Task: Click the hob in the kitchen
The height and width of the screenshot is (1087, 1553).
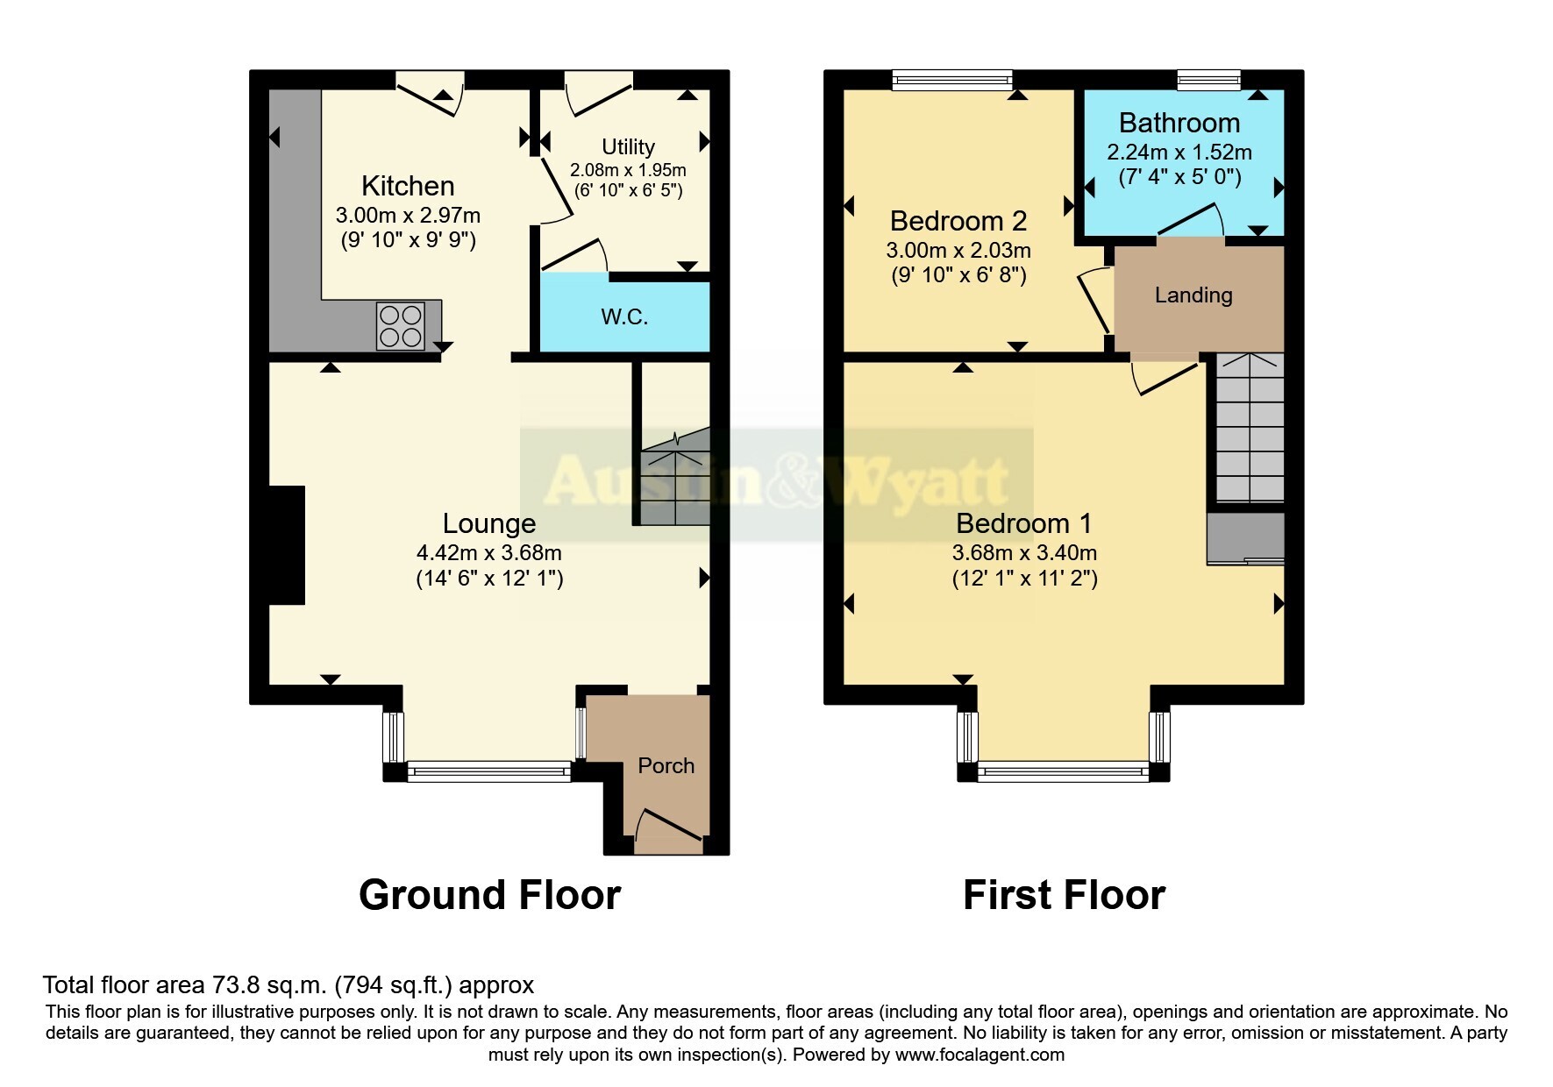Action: pos(400,325)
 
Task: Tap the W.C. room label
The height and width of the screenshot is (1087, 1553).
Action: pos(624,316)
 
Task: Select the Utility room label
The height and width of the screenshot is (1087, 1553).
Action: pos(628,146)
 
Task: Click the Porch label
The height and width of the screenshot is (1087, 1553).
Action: pos(666,765)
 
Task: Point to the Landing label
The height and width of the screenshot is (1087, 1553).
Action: pos(1193,295)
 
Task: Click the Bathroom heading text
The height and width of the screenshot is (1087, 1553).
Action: pos(1179,123)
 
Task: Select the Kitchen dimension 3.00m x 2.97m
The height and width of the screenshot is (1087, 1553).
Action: pos(408,215)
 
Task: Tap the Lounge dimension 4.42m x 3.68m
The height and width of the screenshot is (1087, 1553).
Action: pos(488,553)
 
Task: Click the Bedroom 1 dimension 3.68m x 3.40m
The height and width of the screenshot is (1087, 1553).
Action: pos(1024,553)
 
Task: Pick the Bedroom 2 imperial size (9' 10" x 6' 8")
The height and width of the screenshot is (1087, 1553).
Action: pos(958,275)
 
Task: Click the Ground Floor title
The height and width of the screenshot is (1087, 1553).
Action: pos(489,895)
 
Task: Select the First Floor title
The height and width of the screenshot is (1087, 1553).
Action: pos(1064,895)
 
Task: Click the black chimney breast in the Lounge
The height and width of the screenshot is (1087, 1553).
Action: pos(287,545)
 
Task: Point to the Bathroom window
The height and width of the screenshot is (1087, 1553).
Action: pos(1209,80)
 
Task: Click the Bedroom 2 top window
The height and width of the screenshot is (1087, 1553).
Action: pos(952,80)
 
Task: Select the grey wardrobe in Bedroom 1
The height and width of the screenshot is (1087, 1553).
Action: pos(1245,538)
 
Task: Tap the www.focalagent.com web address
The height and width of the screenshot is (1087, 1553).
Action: pos(980,1055)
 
